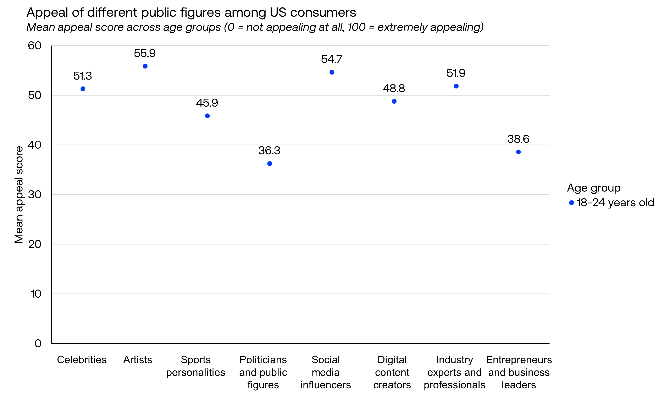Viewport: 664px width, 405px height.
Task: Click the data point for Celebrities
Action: (x=83, y=89)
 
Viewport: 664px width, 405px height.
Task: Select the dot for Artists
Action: (x=145, y=66)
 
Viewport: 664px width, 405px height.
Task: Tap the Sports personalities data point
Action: (x=207, y=116)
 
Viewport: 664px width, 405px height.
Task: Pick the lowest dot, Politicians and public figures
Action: (x=270, y=164)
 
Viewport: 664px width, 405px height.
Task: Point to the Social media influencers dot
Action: (x=332, y=72)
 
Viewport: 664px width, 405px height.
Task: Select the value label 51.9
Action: (x=456, y=73)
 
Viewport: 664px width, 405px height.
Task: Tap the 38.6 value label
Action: (x=518, y=139)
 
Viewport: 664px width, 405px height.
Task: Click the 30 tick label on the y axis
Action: (x=35, y=194)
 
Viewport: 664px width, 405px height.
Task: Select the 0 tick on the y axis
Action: (x=38, y=343)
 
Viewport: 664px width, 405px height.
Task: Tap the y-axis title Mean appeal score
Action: (x=19, y=194)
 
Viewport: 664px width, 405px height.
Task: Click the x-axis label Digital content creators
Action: (x=392, y=372)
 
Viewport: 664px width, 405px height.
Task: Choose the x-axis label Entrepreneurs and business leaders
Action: (x=519, y=372)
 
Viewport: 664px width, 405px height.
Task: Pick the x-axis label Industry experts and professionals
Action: (x=454, y=372)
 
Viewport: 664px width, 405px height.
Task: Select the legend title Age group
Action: (x=594, y=188)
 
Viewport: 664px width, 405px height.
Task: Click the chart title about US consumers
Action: (x=191, y=12)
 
